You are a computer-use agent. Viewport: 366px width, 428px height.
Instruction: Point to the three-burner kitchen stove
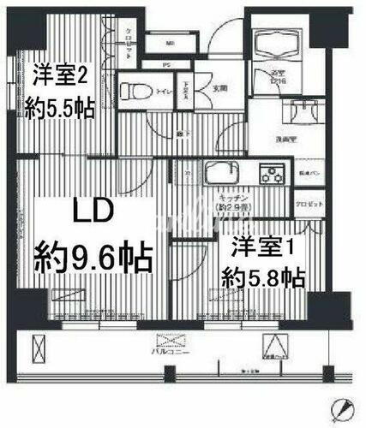pyautogui.click(x=273, y=177)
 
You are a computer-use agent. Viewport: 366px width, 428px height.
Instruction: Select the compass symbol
pyautogui.click(x=343, y=408)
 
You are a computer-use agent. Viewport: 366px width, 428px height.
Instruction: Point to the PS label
pyautogui.click(x=166, y=63)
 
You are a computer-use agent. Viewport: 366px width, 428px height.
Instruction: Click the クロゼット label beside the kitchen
pyautogui.click(x=311, y=206)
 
